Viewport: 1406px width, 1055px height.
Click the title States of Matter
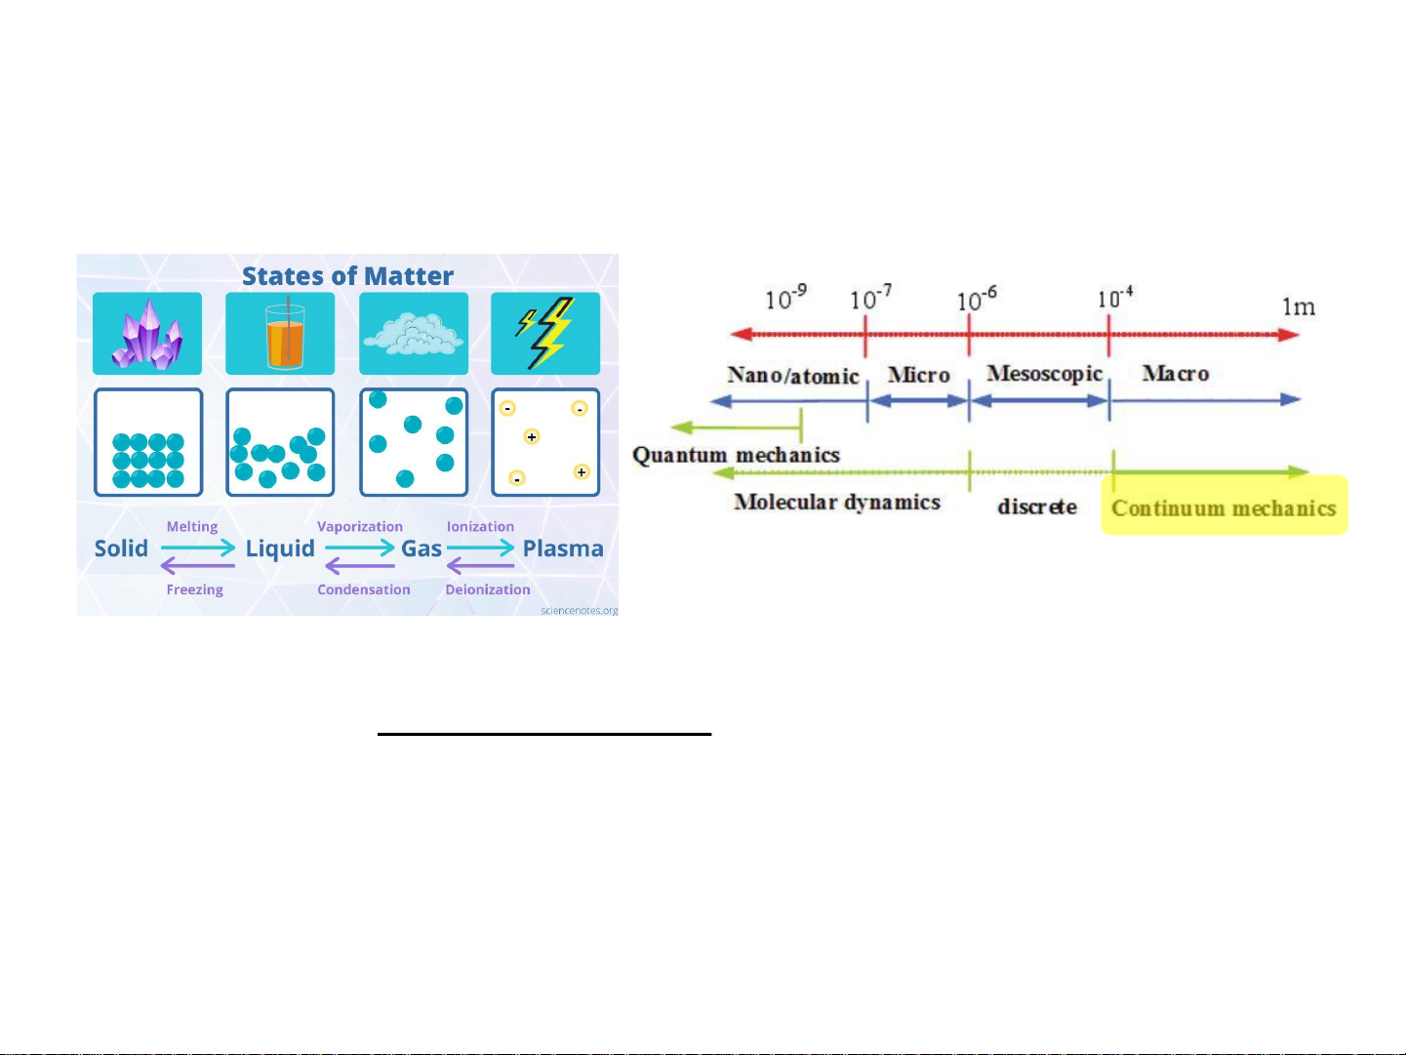tap(347, 276)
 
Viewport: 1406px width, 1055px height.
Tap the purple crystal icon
tap(147, 334)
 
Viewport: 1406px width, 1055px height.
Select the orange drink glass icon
tap(284, 333)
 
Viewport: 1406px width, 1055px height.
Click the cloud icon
tap(413, 334)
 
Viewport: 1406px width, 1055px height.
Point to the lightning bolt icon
tap(544, 333)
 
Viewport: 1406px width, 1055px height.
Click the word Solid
tap(121, 548)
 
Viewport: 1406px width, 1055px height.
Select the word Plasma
tap(563, 548)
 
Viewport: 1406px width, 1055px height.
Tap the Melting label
tap(192, 527)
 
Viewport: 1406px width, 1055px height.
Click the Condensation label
tap(364, 589)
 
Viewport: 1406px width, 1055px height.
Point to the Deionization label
tap(488, 589)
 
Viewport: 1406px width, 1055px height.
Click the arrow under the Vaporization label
tap(359, 548)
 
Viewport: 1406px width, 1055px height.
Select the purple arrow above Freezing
tap(197, 566)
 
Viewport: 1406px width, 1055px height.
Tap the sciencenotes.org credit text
tap(579, 610)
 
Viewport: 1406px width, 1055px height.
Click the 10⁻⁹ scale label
tap(786, 298)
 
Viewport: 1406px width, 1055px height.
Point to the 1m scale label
tap(1299, 306)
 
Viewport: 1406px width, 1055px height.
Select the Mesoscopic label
tap(1044, 374)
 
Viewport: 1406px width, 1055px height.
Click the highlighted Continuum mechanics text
tap(1224, 507)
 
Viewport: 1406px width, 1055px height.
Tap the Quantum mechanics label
tap(736, 455)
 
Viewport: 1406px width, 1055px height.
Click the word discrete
tap(1037, 507)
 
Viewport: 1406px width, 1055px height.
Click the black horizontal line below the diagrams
tap(544, 734)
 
